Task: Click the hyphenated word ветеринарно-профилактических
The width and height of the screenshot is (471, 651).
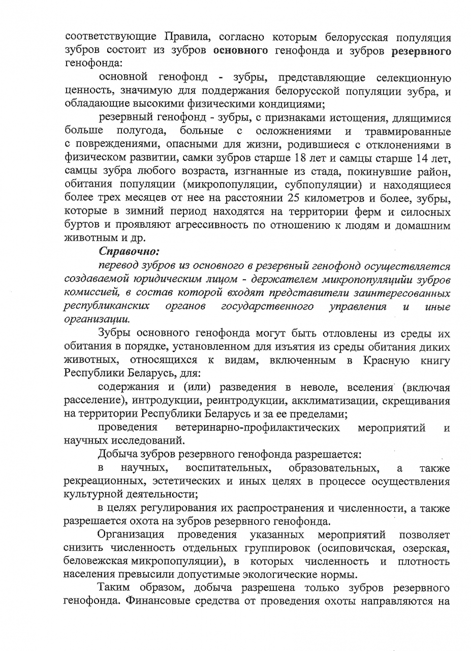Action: (258, 427)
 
